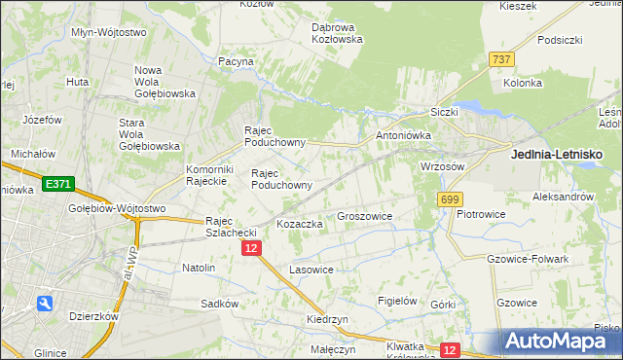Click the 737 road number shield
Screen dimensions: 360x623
tap(502, 59)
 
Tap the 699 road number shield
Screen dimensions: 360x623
tap(449, 199)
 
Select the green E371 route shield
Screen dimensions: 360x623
tap(57, 183)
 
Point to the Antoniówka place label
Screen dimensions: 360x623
tap(403, 136)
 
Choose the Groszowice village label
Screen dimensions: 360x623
tap(364, 217)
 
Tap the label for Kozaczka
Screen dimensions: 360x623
tap(299, 224)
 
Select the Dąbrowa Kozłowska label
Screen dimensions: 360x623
tap(337, 33)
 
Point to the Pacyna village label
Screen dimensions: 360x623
tap(237, 61)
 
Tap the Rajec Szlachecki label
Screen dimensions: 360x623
tap(230, 226)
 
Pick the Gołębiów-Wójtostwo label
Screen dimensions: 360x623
tap(117, 208)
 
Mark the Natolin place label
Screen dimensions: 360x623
tap(199, 267)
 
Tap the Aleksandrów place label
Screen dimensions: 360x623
tap(563, 196)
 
